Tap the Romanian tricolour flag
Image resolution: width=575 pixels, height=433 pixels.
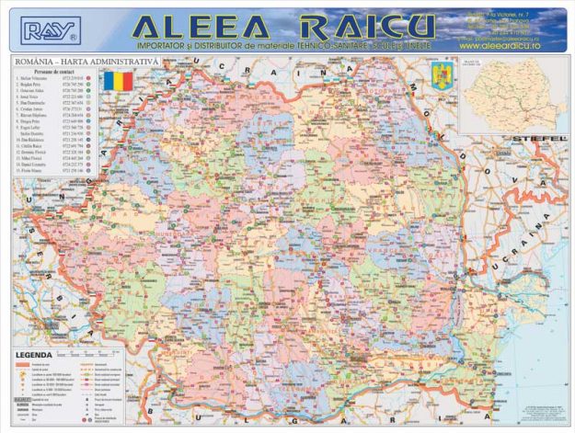[x=118, y=81]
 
